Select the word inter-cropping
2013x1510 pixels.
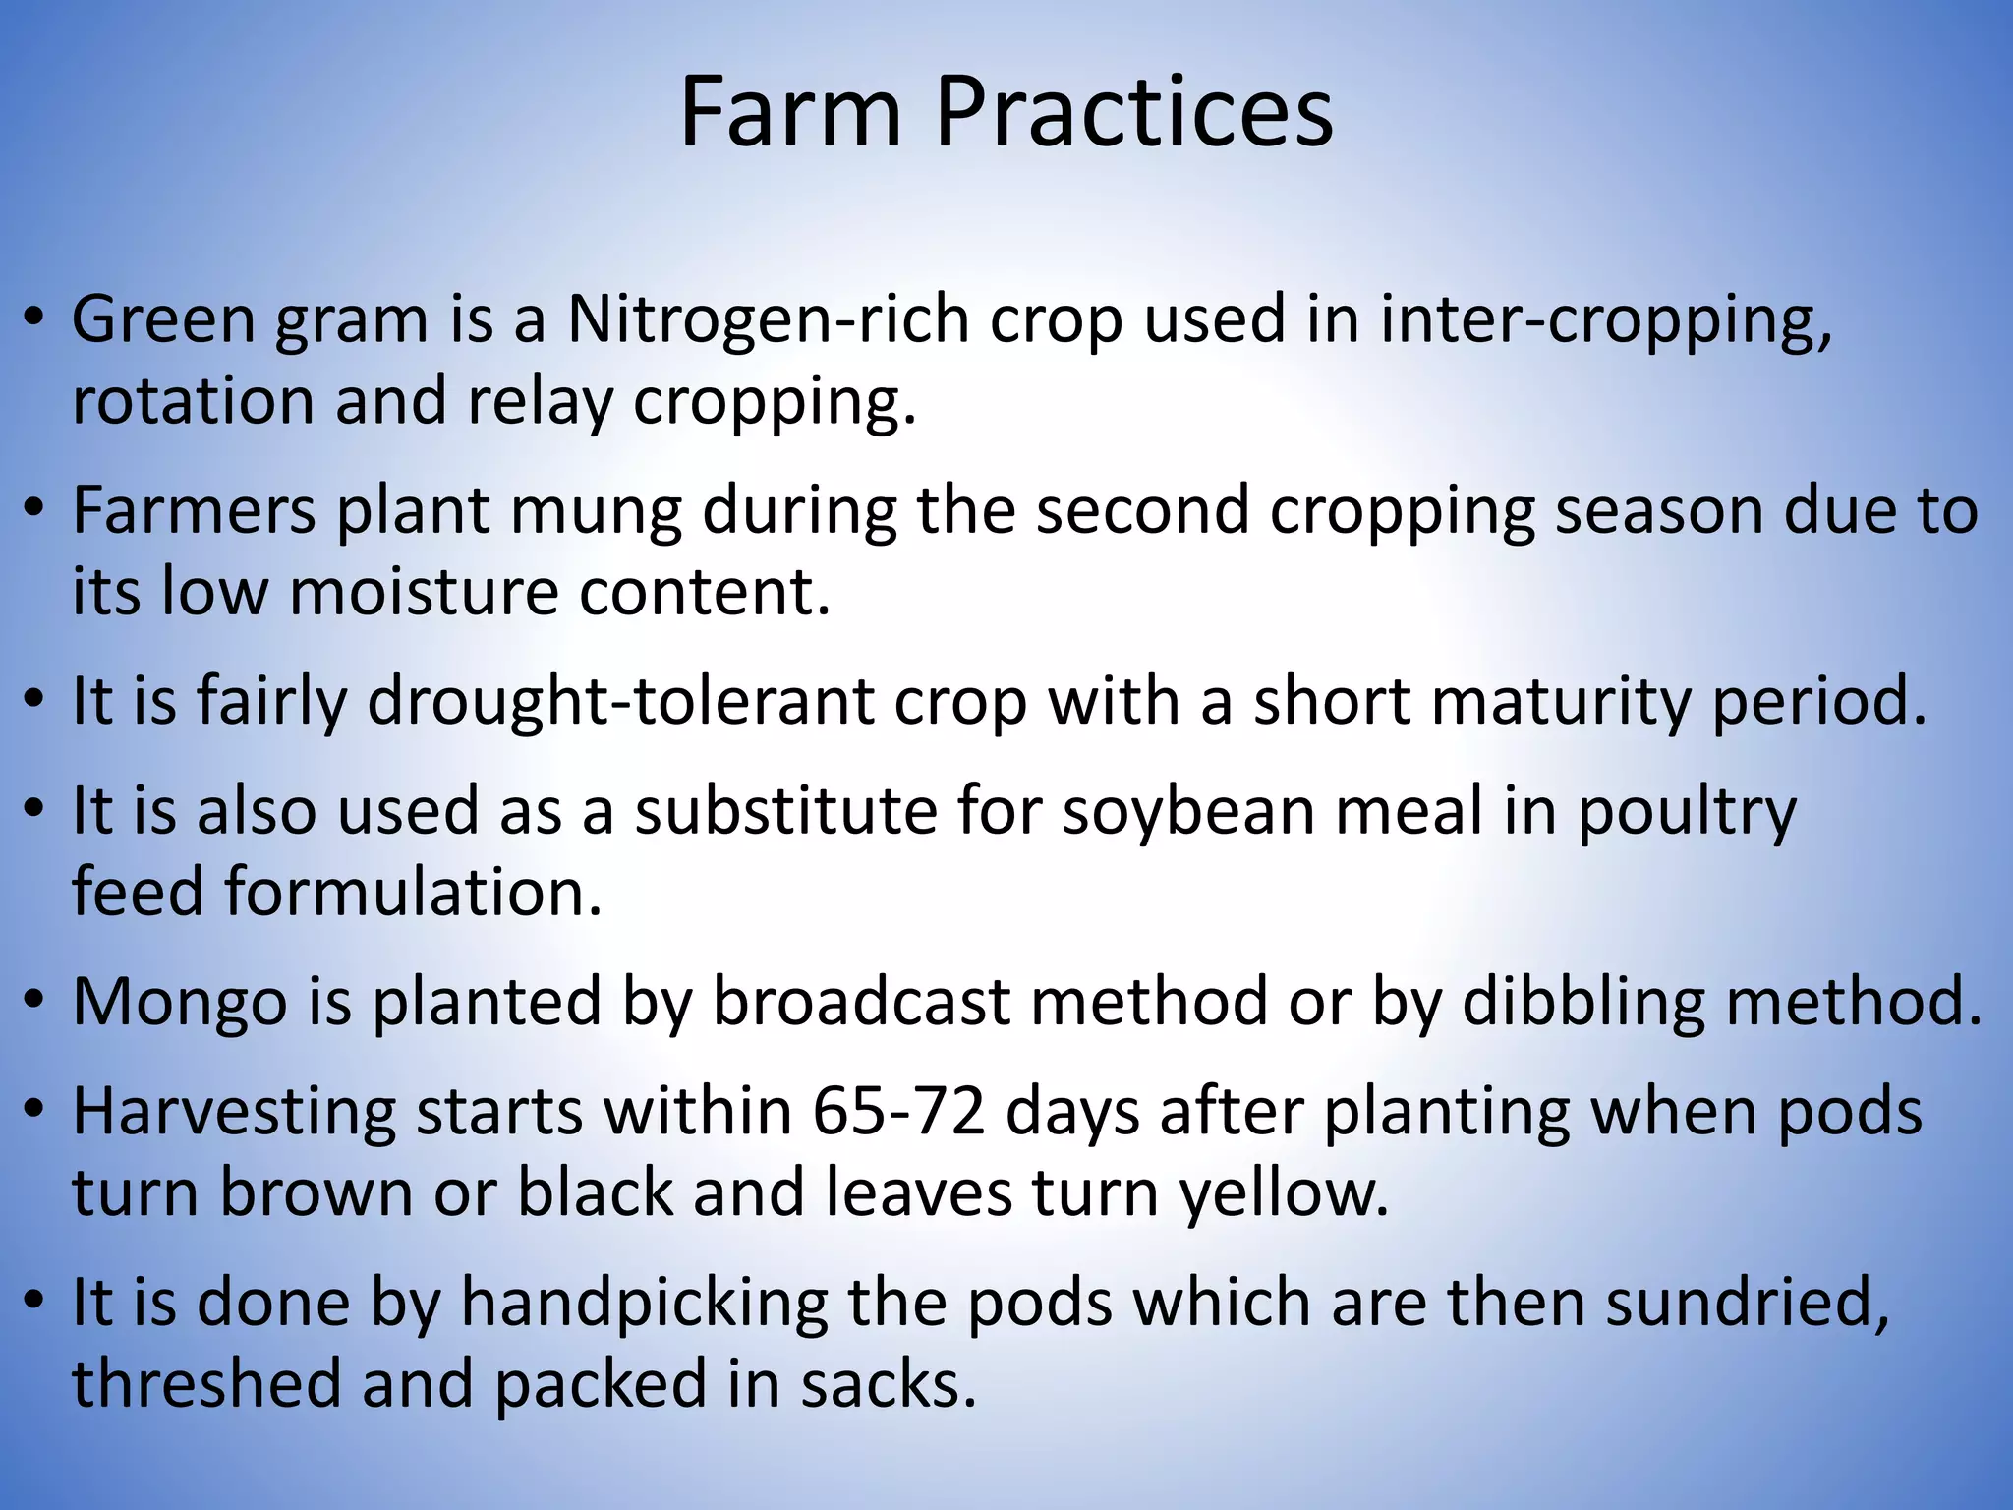point(1605,320)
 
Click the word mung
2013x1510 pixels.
point(595,511)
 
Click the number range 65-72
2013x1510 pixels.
point(898,1113)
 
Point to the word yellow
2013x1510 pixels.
point(1284,1193)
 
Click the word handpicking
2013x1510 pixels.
point(646,1304)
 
